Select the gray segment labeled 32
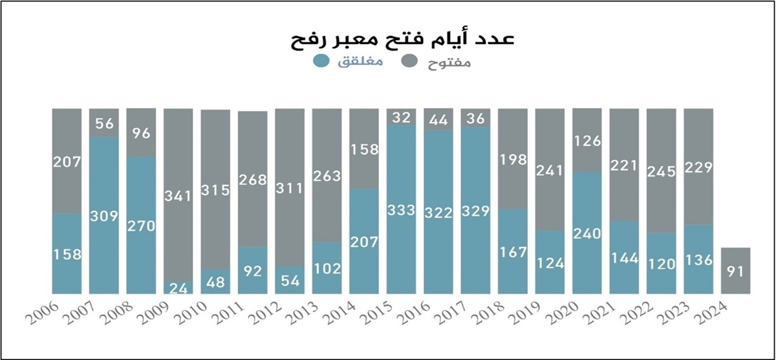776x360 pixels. tap(402, 117)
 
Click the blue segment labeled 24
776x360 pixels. tap(178, 288)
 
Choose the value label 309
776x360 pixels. tap(103, 216)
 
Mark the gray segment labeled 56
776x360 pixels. tap(103, 123)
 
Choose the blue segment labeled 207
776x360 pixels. tap(364, 242)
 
